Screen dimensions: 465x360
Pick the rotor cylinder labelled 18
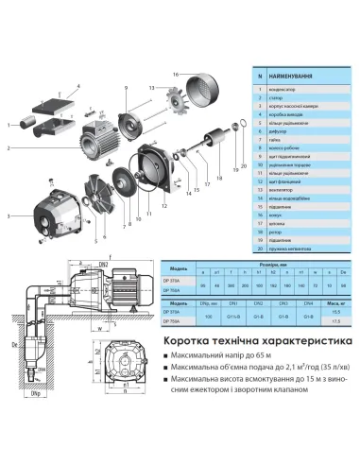point(212,151)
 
